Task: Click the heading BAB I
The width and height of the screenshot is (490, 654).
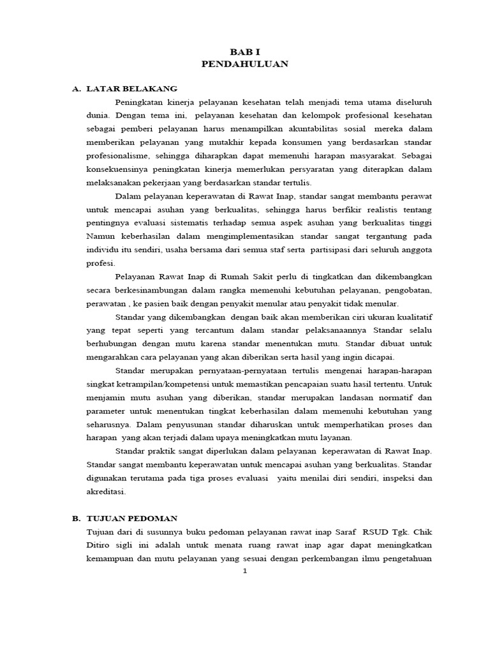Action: [x=245, y=51]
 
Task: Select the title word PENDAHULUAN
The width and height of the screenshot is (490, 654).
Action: [x=245, y=64]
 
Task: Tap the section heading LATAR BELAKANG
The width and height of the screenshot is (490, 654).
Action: [x=131, y=88]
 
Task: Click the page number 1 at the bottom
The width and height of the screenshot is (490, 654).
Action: [x=244, y=571]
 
